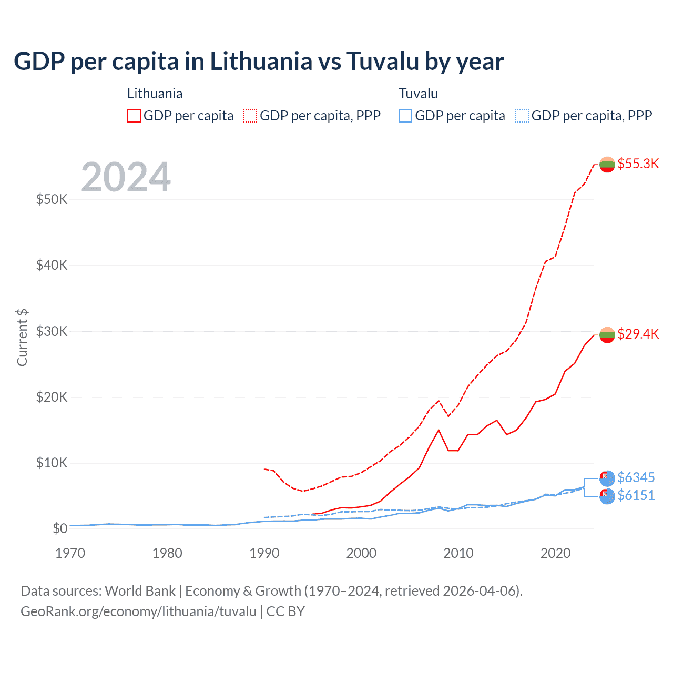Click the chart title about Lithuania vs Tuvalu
point(259,62)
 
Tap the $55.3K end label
point(638,164)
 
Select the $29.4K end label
point(638,334)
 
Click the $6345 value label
point(636,477)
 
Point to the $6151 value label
point(636,495)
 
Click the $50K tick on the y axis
point(52,199)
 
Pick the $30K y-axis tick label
point(52,331)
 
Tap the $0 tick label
point(60,528)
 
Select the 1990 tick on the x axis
point(264,553)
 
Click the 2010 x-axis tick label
point(458,553)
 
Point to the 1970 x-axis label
point(70,553)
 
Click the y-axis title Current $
point(22,338)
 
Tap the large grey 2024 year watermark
point(126,177)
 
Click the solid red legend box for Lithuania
point(134,116)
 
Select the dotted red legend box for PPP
point(250,116)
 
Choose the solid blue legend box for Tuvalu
point(405,116)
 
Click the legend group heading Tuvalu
point(418,94)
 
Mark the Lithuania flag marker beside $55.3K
point(607,164)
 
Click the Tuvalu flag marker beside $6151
point(607,496)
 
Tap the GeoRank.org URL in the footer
point(138,611)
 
